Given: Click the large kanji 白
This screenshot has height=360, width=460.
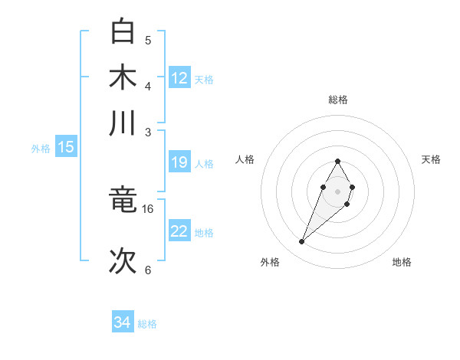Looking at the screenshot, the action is tap(123, 32).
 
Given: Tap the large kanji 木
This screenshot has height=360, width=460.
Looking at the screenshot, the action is tap(123, 77).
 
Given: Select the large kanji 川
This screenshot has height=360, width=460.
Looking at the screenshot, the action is tap(123, 123).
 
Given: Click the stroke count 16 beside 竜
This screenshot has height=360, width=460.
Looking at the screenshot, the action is tap(148, 208).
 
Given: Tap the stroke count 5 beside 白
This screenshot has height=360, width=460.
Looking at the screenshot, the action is tap(148, 40).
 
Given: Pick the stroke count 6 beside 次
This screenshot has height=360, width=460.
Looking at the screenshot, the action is tap(148, 270).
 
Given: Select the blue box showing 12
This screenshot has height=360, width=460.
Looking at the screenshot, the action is tap(179, 77).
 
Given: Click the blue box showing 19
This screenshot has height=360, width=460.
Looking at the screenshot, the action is tap(179, 162).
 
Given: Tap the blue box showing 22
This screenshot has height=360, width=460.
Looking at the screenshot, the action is tap(179, 231).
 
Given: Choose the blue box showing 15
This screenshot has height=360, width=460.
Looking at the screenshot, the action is tap(66, 147).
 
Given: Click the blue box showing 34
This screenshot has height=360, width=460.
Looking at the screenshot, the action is tap(123, 322).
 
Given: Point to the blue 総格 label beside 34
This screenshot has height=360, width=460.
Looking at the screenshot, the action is tap(147, 324).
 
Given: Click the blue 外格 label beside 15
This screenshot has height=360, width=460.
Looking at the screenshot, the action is tap(41, 149).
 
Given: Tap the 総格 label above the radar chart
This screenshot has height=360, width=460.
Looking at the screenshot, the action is tap(337, 100).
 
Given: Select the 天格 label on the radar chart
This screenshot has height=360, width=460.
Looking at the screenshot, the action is tap(431, 159).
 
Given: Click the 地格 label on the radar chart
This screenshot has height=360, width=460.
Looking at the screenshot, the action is tap(402, 262).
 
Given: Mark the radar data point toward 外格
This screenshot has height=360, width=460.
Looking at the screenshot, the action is tap(301, 242).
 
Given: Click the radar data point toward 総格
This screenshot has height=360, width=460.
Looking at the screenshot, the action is tap(337, 161).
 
